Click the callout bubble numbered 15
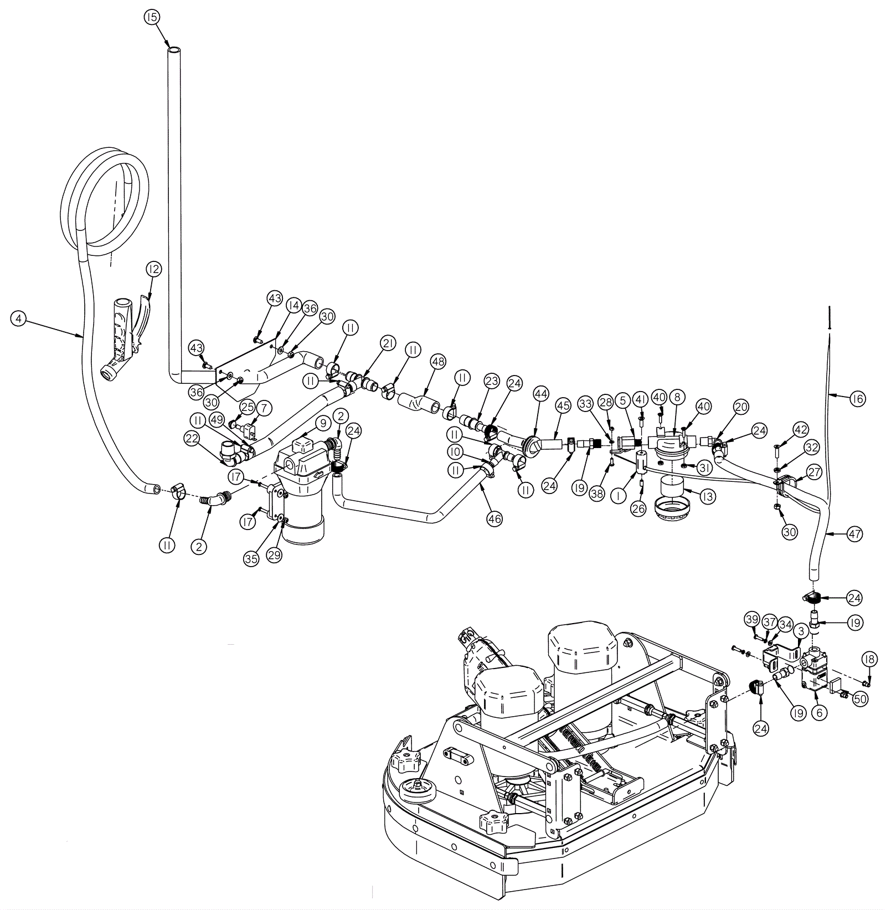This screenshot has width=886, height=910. click(152, 17)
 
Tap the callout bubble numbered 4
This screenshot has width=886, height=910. click(19, 318)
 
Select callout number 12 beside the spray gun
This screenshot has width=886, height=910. click(153, 269)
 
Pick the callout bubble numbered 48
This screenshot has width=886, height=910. click(438, 362)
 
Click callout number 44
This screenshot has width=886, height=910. click(540, 394)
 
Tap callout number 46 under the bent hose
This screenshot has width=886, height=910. click(494, 519)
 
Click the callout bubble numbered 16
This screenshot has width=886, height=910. click(857, 398)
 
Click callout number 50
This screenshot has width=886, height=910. click(859, 700)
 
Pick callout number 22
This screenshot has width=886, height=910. click(192, 439)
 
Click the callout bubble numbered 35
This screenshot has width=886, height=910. click(251, 559)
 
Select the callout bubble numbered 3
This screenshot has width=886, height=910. click(801, 631)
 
